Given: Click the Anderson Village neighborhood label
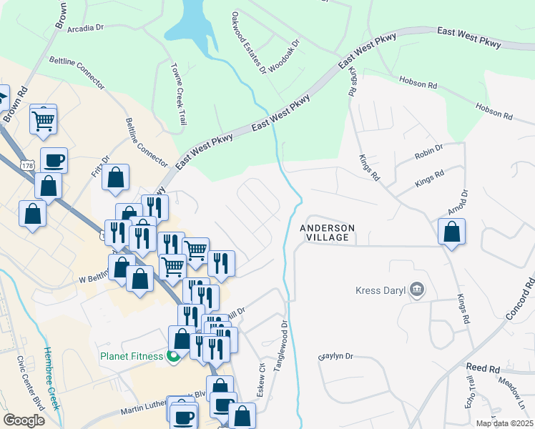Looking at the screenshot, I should pos(327,232).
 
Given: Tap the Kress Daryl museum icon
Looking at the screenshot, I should pos(418,290).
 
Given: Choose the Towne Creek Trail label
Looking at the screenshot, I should pos(177,95).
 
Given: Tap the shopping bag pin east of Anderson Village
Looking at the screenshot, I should pos(451,232).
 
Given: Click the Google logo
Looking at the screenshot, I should pos(24,420).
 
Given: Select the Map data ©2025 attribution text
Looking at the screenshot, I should pos(504,423).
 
